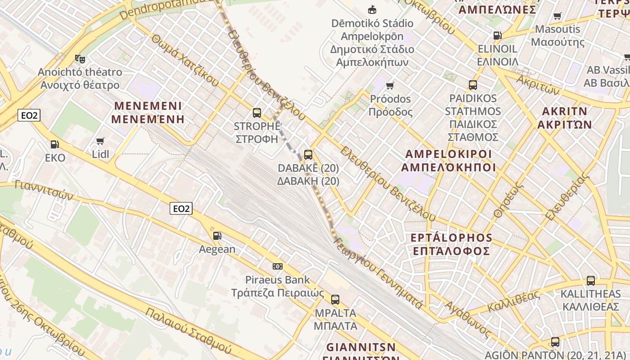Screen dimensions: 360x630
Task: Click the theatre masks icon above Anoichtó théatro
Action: [80, 58]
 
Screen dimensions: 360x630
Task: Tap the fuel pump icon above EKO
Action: [55, 144]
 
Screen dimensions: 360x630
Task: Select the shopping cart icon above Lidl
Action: [100, 141]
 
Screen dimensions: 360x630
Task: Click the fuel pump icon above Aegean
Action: [217, 235]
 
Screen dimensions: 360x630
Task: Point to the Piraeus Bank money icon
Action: [278, 266]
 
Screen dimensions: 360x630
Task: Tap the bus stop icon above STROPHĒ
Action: [257, 112]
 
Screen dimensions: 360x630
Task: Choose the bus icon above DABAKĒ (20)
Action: [308, 155]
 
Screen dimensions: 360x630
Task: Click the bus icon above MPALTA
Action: [335, 300]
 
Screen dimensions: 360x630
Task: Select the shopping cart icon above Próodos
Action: [390, 85]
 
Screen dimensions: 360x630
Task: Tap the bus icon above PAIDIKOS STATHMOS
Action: [473, 85]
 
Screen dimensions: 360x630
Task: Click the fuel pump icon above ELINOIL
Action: [497, 36]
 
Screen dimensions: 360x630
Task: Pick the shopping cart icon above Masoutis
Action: [558, 16]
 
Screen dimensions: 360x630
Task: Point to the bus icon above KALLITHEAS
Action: [591, 281]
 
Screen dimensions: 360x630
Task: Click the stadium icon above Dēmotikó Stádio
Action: [372, 9]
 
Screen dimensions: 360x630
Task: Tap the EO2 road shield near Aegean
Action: [181, 208]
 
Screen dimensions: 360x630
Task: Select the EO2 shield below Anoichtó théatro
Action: [30, 116]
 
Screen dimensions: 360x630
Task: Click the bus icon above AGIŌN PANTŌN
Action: [555, 342]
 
